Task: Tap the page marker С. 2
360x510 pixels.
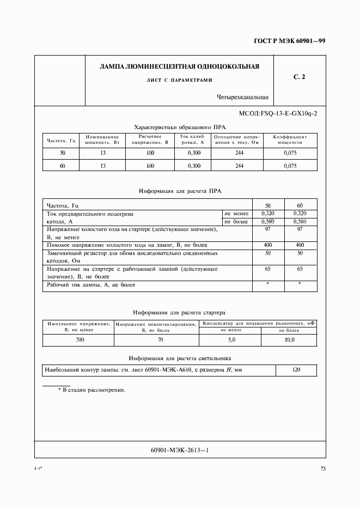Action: pos(299,77)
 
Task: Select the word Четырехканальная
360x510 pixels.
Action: pos(242,98)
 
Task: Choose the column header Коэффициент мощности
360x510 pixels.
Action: pos(290,139)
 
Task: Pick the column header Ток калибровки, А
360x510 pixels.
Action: pos(193,139)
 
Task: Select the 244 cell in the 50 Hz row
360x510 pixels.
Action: pos(239,153)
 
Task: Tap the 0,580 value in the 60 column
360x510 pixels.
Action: pos(300,222)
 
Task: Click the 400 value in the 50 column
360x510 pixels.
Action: pos(267,245)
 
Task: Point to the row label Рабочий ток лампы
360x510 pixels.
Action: pos(91,285)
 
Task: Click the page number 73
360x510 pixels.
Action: pos(322,469)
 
